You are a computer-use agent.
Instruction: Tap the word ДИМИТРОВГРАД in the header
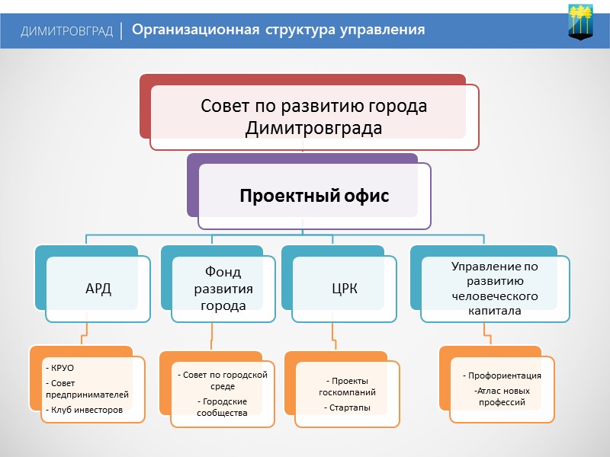pos(68,31)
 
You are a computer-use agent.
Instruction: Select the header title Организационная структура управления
pos(278,30)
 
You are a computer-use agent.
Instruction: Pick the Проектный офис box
pos(314,197)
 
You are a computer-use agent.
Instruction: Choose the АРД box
pos(98,289)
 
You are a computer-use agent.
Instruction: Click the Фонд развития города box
pos(223,289)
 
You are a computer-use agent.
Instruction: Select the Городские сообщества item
pos(223,407)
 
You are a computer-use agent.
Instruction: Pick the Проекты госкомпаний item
pos(348,386)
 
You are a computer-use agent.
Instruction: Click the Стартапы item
pos(348,407)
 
